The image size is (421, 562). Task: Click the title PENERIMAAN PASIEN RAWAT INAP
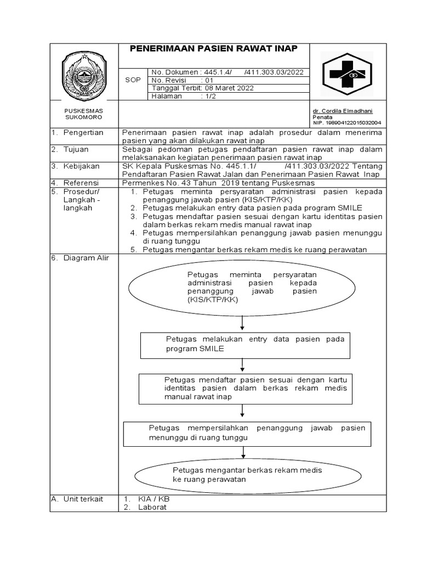214,49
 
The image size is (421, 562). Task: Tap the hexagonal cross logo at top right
348,74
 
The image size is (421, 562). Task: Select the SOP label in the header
133,80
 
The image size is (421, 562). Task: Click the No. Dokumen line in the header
227,72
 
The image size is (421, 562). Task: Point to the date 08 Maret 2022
228,88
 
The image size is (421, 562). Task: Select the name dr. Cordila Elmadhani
342,111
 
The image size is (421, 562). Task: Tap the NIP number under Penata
346,123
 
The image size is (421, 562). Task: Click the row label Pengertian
83,133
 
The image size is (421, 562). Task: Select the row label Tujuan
76,149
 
